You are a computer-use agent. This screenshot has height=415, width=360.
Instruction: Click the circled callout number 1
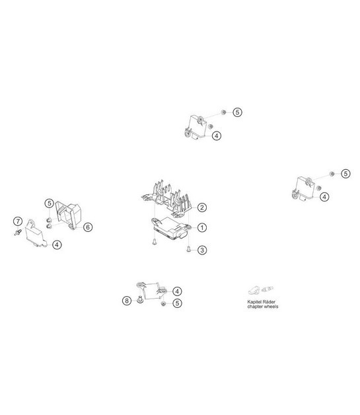click(202, 227)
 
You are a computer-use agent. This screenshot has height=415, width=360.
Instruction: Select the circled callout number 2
click(202, 207)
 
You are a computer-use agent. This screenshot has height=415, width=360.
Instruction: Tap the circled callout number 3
click(202, 250)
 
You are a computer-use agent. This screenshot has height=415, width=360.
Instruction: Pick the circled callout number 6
click(88, 227)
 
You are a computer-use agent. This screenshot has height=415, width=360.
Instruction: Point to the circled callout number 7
click(18, 221)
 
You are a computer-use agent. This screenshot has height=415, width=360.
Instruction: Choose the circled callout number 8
click(127, 301)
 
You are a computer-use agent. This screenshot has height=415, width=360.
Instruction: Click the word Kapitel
click(254, 302)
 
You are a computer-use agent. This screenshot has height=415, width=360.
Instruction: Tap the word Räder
click(268, 302)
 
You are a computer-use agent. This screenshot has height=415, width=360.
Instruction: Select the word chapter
click(255, 307)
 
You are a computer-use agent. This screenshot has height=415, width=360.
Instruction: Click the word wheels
click(271, 307)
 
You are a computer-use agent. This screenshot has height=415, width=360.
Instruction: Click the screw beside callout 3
click(189, 248)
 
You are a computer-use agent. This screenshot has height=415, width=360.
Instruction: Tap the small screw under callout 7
click(17, 233)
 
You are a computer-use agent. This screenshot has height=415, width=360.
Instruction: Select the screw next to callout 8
click(140, 299)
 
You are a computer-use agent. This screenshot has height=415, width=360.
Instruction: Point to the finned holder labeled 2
click(166, 199)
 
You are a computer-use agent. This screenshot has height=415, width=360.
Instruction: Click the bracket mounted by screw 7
click(36, 234)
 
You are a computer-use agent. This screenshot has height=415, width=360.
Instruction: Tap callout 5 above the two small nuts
click(49, 204)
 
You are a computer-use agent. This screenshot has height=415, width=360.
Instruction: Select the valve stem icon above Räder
click(267, 289)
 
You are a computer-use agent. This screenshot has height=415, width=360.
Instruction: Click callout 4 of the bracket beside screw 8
click(177, 291)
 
